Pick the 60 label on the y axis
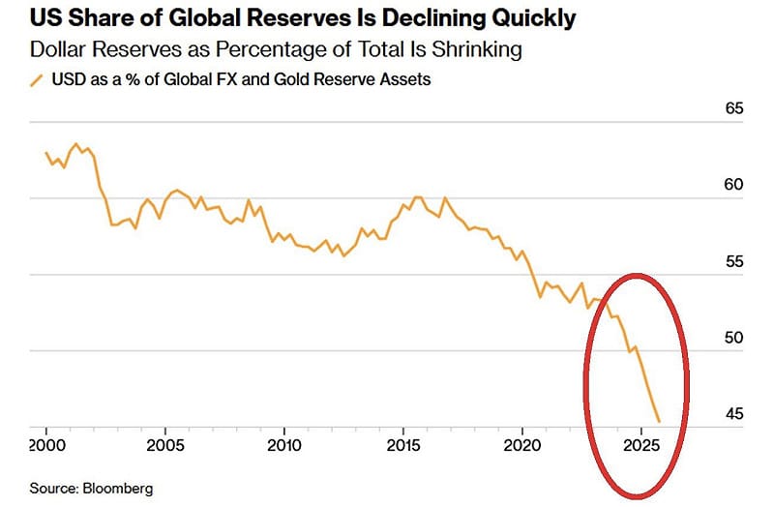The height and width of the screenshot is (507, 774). click(733, 185)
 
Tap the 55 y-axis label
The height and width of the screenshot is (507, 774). click(733, 262)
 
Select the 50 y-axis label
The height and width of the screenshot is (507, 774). click(733, 338)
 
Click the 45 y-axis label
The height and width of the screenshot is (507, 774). click(733, 415)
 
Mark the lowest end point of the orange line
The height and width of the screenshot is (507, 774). click(659, 421)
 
